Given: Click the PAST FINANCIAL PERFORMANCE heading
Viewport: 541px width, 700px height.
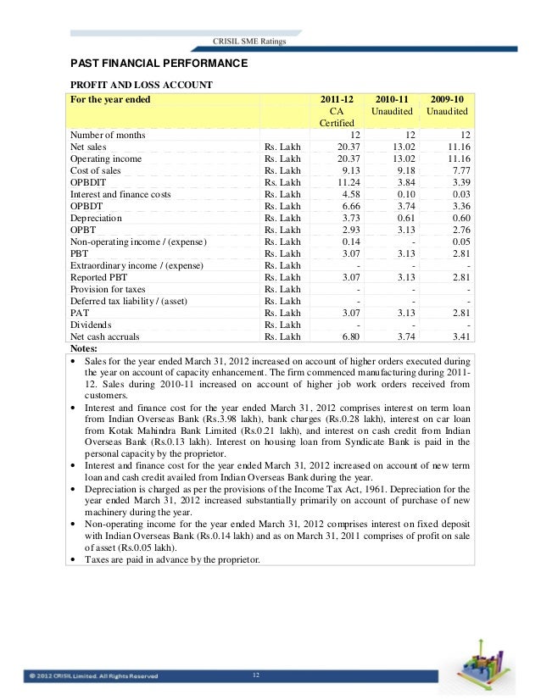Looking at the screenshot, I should (x=158, y=64).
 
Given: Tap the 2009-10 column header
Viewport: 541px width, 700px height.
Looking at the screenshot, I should (x=449, y=99).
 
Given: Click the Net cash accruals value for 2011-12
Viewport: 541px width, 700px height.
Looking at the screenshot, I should (x=341, y=336).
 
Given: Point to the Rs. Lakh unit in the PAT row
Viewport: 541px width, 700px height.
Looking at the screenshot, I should (x=282, y=313).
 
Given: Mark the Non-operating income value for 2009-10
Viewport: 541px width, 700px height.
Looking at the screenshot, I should (x=458, y=242).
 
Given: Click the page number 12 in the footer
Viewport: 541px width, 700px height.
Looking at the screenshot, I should (x=256, y=675).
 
